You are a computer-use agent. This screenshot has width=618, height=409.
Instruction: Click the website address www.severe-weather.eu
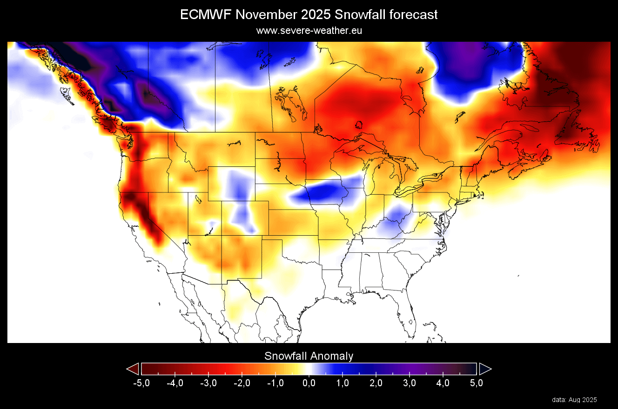[x=309, y=31]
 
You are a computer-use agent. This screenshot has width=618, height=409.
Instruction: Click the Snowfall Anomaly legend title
[x=309, y=356]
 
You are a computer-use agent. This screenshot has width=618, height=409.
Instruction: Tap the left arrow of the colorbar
[x=133, y=369]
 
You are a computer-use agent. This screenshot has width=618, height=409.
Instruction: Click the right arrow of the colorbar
[x=485, y=369]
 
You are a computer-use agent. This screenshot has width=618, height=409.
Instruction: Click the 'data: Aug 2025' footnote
[x=574, y=400]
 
